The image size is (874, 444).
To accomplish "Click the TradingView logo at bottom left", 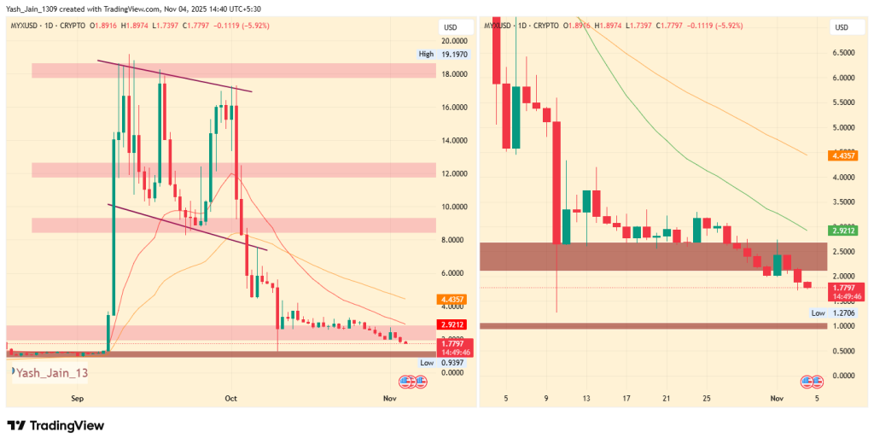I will pos(55,425).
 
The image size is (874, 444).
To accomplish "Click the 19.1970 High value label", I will pos(456,54).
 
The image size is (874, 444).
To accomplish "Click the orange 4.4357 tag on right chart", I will pos(842,155).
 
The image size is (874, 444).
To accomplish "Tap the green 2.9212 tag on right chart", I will pos(842,230).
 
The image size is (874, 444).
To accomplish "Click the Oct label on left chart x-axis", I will pos(230,398).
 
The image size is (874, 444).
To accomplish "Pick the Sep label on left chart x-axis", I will pos(78,398).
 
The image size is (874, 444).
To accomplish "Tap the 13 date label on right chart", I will pos(586,398).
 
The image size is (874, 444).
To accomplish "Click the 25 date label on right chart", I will pos(707,398).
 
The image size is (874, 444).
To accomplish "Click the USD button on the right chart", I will pos(841,26).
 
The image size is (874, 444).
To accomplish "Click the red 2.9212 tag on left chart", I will pos(451,324).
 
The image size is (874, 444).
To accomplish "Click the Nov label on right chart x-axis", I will pos(777,398).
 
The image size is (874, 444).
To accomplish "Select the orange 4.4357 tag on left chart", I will pos(451,299).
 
